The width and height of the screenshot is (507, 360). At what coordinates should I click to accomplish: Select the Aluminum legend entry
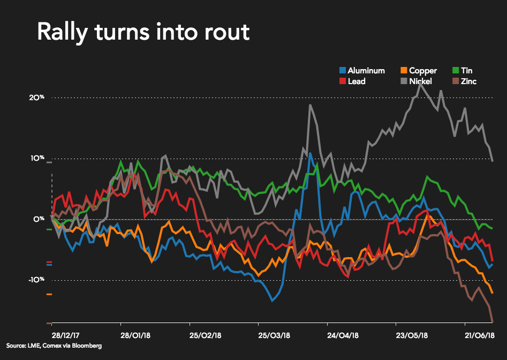point(366,71)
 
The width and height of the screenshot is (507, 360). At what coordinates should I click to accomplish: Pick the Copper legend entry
point(422,71)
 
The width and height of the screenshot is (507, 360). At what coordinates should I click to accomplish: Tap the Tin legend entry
point(466,71)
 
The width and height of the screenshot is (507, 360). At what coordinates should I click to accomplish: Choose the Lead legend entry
point(356,81)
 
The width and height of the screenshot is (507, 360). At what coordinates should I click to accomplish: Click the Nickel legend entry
point(419,81)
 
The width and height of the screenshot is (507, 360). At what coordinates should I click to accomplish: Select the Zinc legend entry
point(468,81)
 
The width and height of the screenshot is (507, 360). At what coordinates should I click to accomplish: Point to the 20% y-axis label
point(36,97)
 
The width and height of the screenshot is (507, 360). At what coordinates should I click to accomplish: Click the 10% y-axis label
point(36,159)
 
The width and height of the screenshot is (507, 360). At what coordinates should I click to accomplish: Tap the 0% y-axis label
point(38,219)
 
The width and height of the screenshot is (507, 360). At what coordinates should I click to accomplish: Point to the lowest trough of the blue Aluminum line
point(273,301)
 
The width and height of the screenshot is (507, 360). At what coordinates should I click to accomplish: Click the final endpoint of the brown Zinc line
point(493,322)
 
